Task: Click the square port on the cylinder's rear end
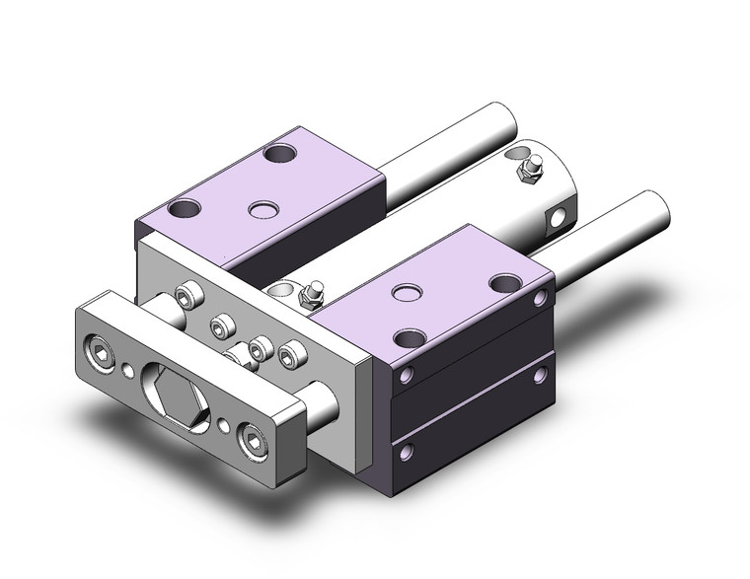click(x=561, y=214)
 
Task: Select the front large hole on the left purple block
click(x=185, y=208)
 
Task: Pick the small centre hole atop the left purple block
click(x=262, y=208)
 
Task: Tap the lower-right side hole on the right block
click(x=540, y=374)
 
